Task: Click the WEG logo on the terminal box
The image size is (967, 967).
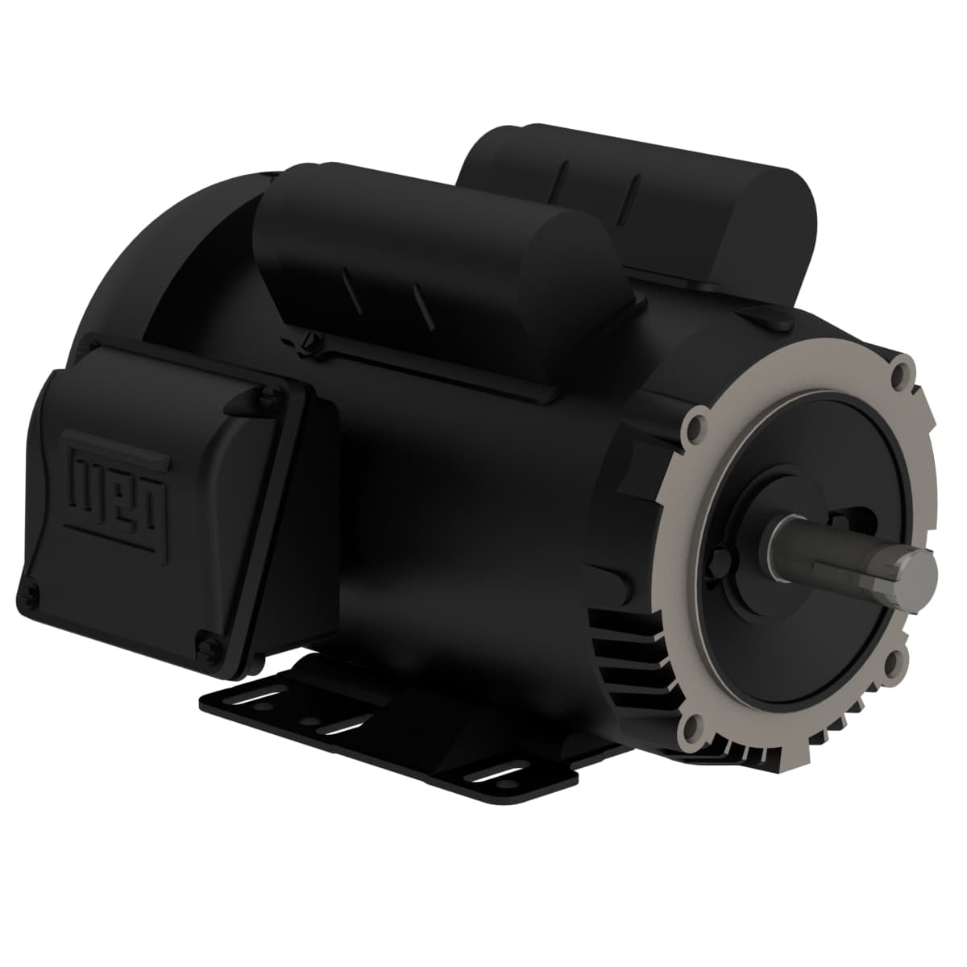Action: (121, 483)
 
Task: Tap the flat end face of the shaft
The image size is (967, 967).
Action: (921, 569)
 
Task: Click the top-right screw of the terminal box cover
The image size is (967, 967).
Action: (263, 395)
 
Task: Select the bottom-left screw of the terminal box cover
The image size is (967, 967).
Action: (32, 594)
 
